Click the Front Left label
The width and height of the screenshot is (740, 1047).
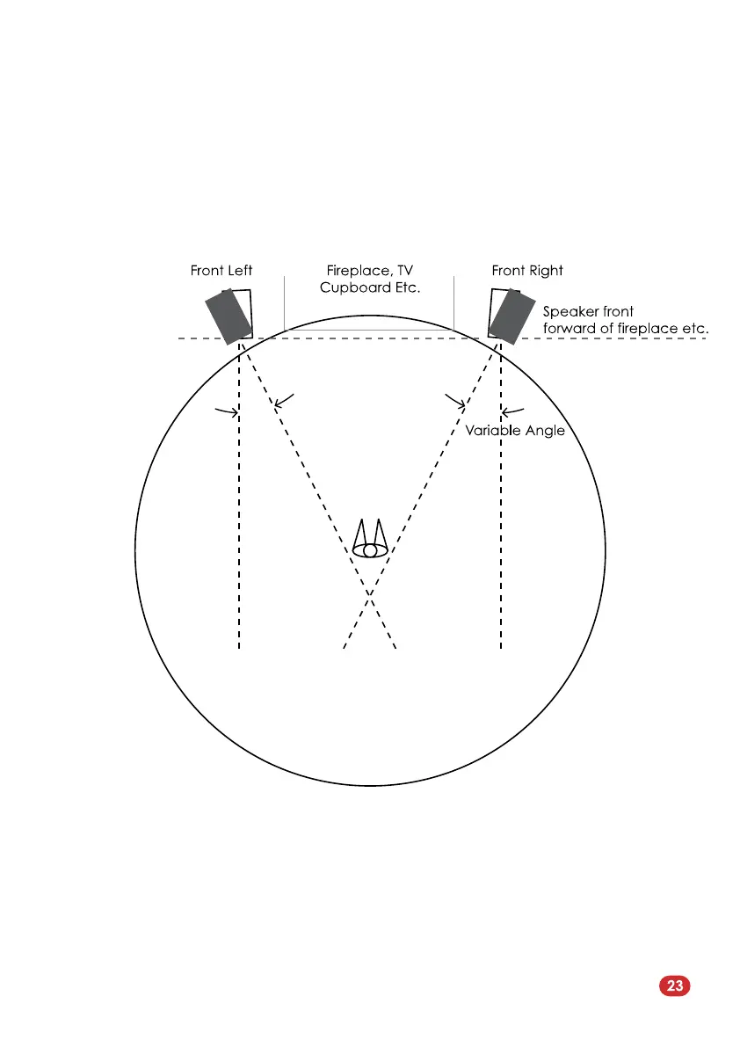(221, 271)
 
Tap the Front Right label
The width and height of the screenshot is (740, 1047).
(527, 271)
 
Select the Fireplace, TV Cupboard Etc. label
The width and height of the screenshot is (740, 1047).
(369, 280)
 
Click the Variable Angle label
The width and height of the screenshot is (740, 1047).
(514, 431)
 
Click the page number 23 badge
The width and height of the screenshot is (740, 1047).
(674, 985)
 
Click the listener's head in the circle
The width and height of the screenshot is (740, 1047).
(370, 550)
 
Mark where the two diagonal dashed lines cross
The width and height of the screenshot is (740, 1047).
(370, 595)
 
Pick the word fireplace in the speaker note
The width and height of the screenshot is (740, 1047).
(652, 329)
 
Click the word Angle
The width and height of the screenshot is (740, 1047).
(545, 431)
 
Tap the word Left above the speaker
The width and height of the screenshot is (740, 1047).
(239, 271)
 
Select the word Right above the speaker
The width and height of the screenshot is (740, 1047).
(547, 271)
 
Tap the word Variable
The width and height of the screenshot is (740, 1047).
(493, 431)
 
